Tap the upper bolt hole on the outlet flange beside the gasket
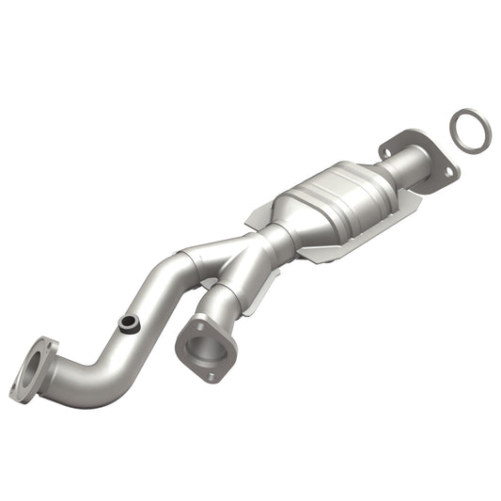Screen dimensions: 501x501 [386, 147]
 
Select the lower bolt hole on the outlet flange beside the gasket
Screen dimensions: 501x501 [448, 173]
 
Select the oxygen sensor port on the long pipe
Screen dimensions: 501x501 [128, 324]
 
